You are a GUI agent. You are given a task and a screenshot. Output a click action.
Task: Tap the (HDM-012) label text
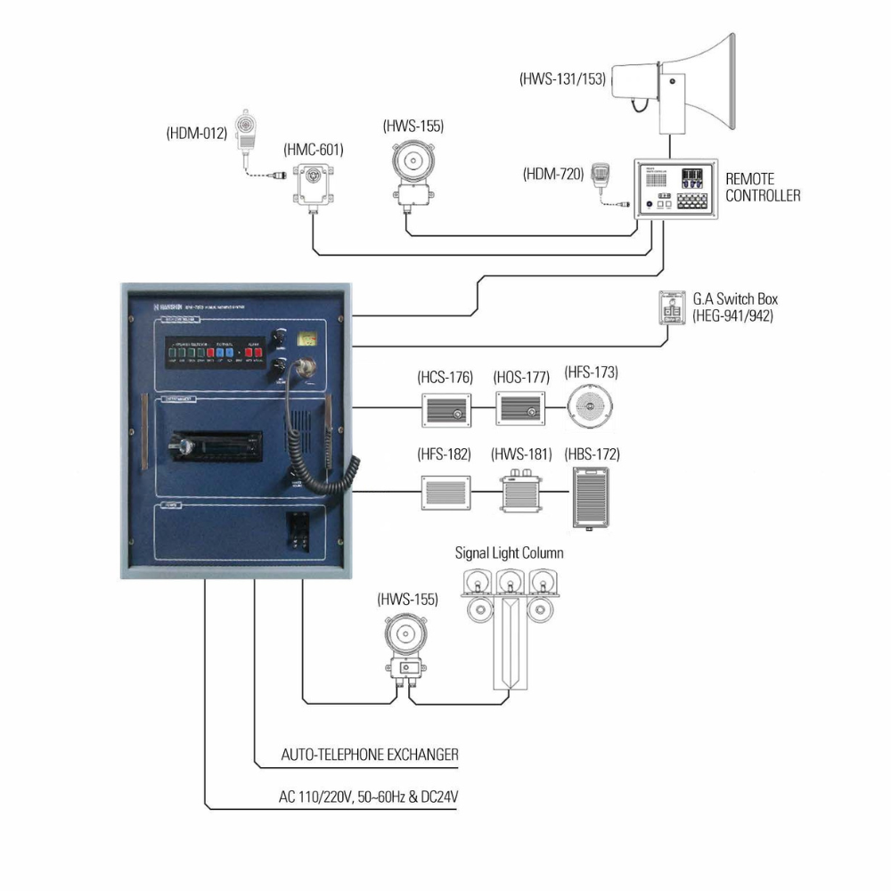click(x=197, y=135)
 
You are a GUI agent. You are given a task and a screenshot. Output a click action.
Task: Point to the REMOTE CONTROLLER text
click(x=763, y=187)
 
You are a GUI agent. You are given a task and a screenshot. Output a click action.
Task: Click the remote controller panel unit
click(x=674, y=189)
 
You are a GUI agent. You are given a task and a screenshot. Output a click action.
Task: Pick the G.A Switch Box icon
click(x=672, y=307)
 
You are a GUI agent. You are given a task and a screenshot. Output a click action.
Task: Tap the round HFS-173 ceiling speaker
click(x=592, y=408)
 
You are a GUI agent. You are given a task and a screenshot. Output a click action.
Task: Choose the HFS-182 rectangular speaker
click(x=445, y=492)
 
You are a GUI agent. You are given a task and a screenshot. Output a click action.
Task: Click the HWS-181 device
click(x=521, y=491)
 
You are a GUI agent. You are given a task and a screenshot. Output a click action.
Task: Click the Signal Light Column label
click(x=509, y=553)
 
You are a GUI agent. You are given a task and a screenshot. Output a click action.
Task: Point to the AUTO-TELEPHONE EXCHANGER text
click(x=370, y=755)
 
